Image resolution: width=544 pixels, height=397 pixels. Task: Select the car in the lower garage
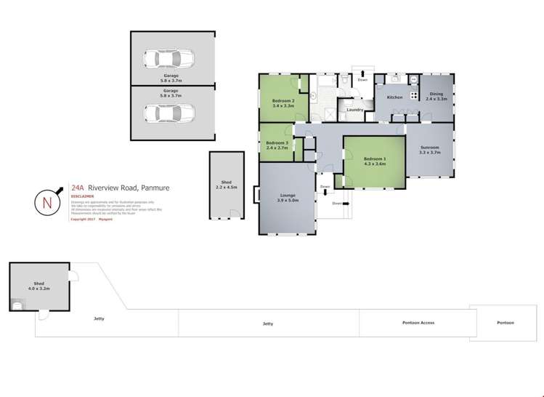pyautogui.click(x=169, y=113)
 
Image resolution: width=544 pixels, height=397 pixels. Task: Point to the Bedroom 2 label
pyautogui.click(x=283, y=103)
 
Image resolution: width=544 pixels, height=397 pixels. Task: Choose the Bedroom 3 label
pyautogui.click(x=276, y=145)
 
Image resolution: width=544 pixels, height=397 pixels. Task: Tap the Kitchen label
pyautogui.click(x=394, y=97)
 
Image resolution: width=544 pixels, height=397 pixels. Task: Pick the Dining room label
pyautogui.click(x=436, y=95)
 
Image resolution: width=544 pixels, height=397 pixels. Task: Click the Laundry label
pyautogui.click(x=354, y=110)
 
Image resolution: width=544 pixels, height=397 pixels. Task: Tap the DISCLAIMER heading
pyautogui.click(x=82, y=196)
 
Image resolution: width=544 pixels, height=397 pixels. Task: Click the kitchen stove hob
pyautogui.click(x=413, y=94)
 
